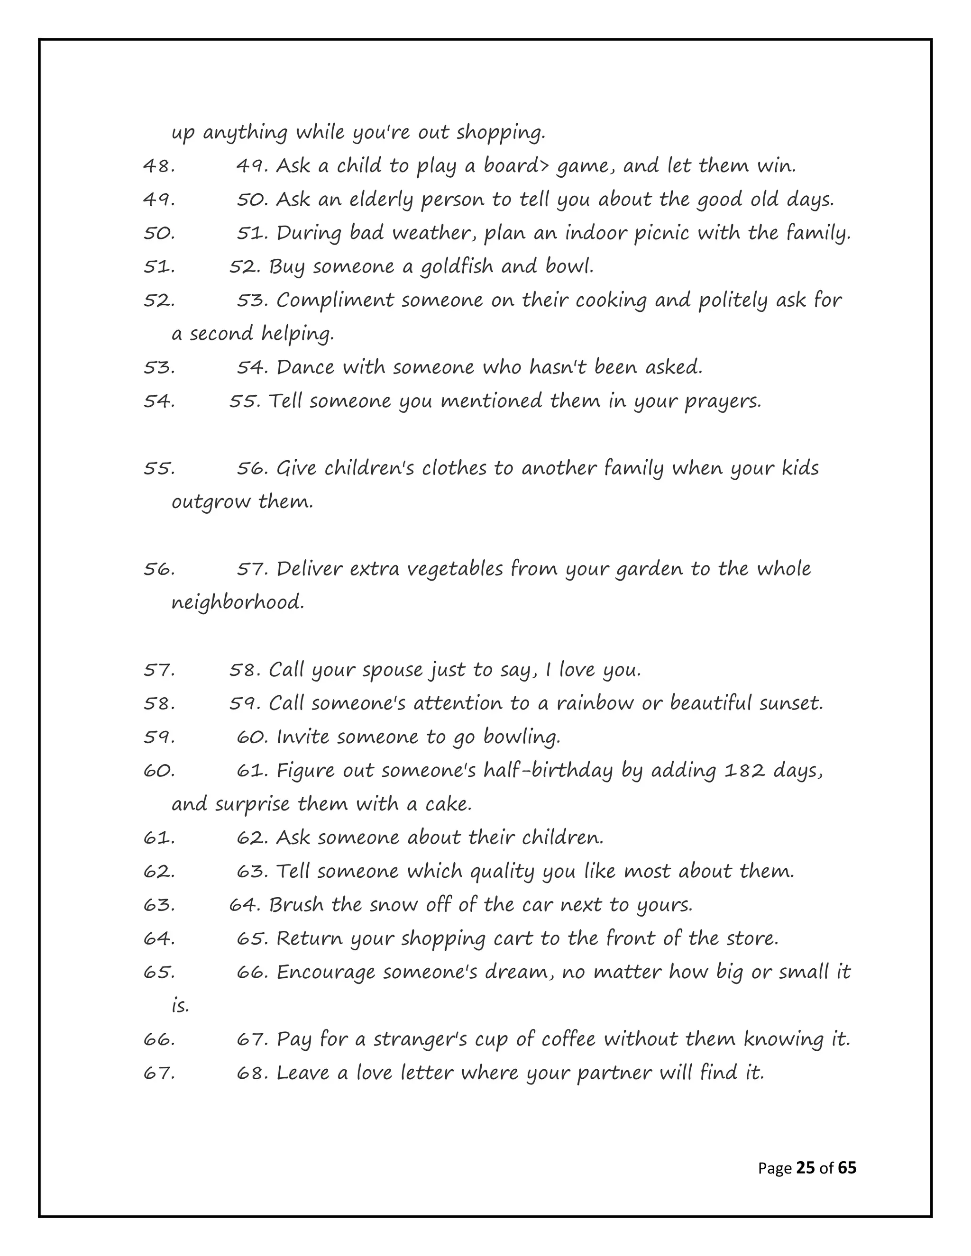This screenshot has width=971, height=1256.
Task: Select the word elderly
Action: [381, 200]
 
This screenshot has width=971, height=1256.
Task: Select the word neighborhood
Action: [237, 602]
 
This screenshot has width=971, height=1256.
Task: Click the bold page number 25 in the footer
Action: [806, 1168]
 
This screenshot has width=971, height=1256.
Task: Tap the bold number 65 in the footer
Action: [847, 1168]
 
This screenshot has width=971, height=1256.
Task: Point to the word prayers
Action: [723, 401]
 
